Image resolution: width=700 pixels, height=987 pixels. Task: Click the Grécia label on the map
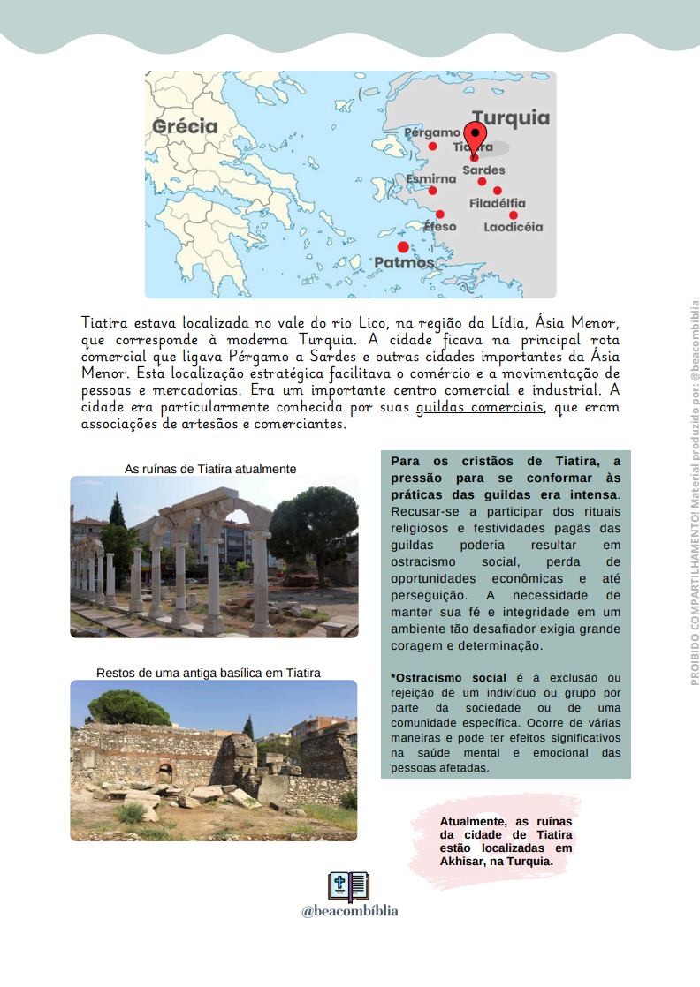[x=185, y=126]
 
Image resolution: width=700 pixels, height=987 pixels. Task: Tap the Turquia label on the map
[x=510, y=118]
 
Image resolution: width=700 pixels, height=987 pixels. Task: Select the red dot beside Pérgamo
[x=432, y=147]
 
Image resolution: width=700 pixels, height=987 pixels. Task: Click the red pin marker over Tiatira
[x=475, y=138]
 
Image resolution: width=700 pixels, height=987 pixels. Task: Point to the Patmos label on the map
[x=404, y=263]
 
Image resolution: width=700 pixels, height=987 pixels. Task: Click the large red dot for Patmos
[x=403, y=247]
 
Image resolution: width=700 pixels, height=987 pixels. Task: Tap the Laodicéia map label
[x=513, y=227]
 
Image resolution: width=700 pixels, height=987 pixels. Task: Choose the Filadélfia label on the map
[x=497, y=204]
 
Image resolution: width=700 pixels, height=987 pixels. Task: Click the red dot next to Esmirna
[x=432, y=191]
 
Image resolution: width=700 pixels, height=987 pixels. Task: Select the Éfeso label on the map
[x=440, y=227]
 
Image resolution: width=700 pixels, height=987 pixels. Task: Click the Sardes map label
[x=483, y=170]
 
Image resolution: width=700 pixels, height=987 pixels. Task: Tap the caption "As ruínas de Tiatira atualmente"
[x=210, y=469]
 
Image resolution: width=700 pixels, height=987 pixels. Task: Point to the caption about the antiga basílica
[x=209, y=673]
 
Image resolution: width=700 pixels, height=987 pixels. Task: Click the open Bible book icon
[x=348, y=885]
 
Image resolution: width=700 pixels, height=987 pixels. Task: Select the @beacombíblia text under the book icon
[x=349, y=911]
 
